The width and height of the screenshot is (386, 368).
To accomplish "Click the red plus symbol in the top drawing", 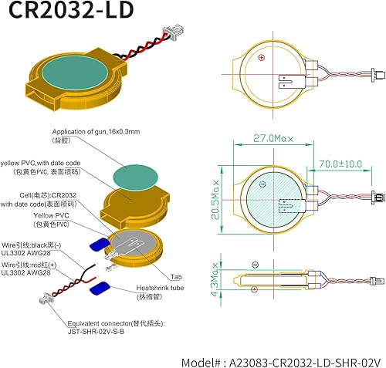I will [x=262, y=58].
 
